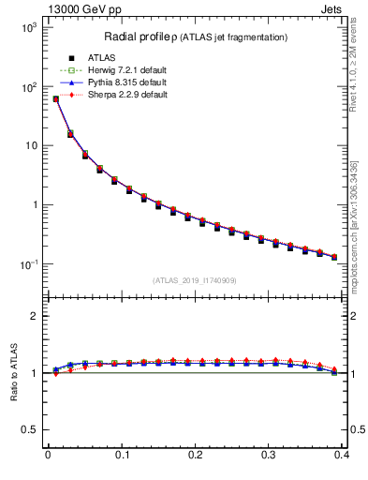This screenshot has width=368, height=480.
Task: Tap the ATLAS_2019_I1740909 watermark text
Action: (196, 279)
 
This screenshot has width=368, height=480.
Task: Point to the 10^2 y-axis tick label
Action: (28, 87)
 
